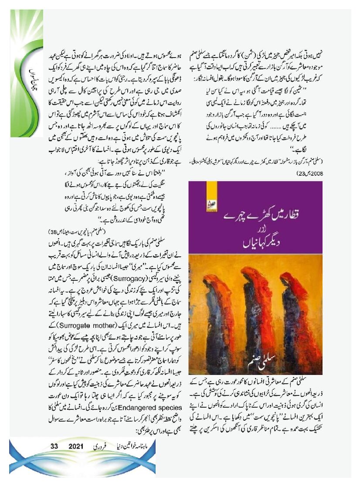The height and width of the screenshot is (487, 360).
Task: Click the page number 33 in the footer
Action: [54, 446]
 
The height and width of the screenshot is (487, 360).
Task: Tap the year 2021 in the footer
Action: [77, 446]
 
